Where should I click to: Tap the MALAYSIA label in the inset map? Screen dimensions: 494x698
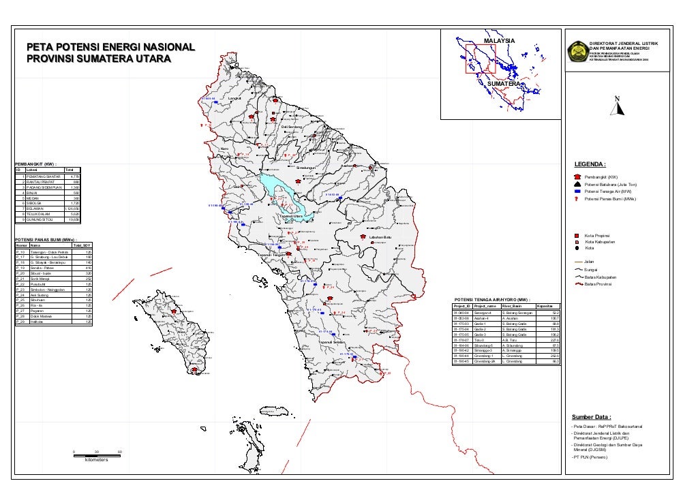click(500, 42)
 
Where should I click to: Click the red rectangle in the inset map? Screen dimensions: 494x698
click(480, 59)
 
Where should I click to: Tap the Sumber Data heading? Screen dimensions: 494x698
click(591, 417)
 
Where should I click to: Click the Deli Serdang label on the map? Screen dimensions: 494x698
click(292, 127)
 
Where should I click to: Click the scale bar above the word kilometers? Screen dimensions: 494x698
click(97, 452)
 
